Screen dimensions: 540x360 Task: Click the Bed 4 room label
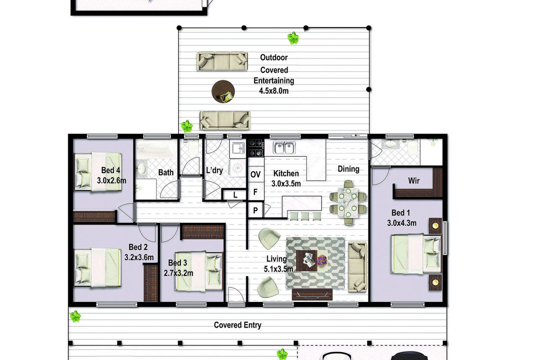111,170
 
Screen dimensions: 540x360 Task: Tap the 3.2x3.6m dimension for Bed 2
139,257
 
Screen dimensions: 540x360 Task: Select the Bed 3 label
178,263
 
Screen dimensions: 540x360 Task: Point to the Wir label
414,180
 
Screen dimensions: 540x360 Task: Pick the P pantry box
256,211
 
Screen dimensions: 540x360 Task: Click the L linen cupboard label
235,195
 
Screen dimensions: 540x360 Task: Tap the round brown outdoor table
223,92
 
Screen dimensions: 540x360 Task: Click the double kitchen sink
284,148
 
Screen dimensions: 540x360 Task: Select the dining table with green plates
348,203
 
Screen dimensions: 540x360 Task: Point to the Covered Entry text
238,325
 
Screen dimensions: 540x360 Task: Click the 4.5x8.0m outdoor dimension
274,91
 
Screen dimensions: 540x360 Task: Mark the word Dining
348,169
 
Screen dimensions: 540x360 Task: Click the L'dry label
214,170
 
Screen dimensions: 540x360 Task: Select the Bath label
166,173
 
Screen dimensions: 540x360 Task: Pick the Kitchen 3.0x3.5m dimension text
286,184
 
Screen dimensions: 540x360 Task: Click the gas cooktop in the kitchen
256,148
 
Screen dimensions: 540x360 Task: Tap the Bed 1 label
400,213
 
